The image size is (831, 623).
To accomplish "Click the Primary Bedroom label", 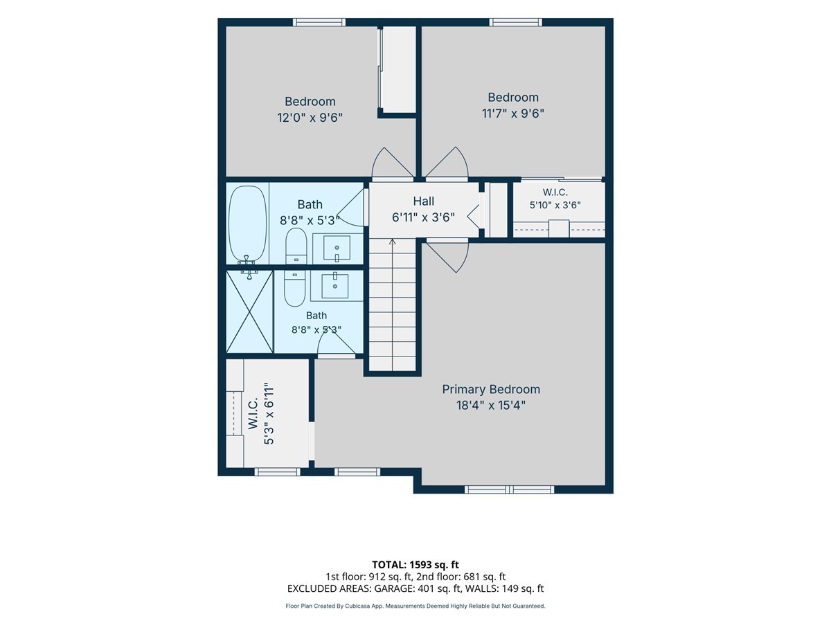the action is tap(491, 390).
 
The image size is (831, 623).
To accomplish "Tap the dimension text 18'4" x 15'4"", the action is tap(491, 406).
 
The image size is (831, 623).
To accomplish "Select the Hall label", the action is tap(423, 201).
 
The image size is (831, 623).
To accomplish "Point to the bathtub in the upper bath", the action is tap(248, 224).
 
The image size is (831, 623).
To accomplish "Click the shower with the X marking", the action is tap(249, 311).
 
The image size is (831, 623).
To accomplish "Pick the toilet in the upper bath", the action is tap(296, 246).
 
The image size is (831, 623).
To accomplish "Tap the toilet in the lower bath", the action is tap(294, 288).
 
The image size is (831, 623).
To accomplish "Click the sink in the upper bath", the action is tap(337, 248).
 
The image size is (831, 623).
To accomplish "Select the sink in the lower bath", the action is tap(334, 285).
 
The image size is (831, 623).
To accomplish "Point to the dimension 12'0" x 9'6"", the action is tap(310, 118).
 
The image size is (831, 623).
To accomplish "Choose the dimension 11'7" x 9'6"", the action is tap(513, 114).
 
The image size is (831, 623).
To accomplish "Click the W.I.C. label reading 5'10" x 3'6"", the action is tap(555, 199).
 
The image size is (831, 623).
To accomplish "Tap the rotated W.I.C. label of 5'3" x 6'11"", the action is tap(261, 413).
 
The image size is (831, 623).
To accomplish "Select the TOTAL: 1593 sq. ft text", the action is tap(415, 565).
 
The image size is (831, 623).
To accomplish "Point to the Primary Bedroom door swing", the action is tap(447, 258).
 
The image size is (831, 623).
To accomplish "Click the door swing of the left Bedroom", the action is tap(393, 162).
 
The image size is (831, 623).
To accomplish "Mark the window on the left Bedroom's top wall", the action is tap(319, 22).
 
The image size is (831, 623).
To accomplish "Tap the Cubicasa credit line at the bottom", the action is tap(415, 606).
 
